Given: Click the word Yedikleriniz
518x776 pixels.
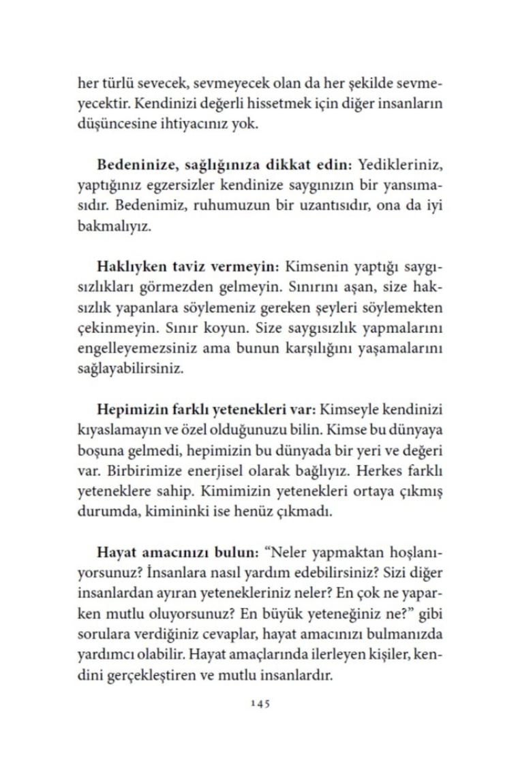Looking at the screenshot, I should click(397, 165).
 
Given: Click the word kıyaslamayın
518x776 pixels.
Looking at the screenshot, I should click(114, 431).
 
